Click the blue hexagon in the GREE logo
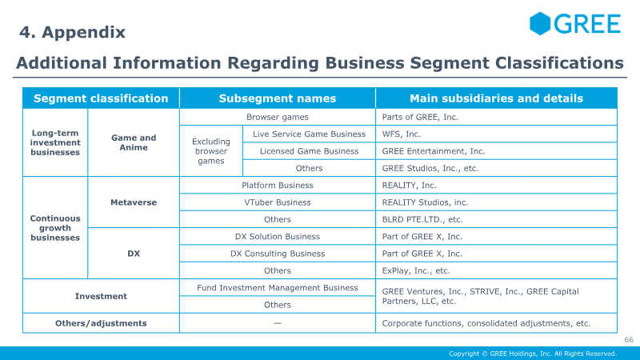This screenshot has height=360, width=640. [540, 23]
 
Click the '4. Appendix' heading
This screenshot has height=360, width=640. [72, 32]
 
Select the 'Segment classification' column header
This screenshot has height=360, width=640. [101, 98]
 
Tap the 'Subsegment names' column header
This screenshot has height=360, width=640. [278, 98]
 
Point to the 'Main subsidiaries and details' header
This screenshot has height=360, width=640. [496, 98]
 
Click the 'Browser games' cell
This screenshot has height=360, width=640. [278, 117]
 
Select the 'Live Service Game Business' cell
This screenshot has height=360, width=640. [309, 134]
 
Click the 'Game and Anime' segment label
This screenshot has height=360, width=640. [134, 142]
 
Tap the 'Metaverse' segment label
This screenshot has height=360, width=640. [134, 202]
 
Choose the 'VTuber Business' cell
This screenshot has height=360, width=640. [278, 202]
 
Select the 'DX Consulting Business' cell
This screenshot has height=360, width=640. [278, 254]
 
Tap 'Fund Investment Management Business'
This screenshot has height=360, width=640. [278, 288]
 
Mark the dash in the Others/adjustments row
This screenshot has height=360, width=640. [278, 323]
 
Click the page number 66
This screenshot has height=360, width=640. [629, 339]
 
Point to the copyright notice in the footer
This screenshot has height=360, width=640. [533, 354]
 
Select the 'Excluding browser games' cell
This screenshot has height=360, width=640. [211, 151]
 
